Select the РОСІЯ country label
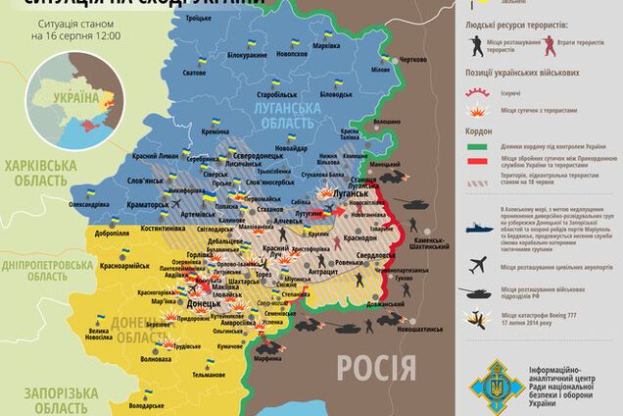pos(375,368)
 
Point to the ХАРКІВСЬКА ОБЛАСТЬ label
pos(36,174)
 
